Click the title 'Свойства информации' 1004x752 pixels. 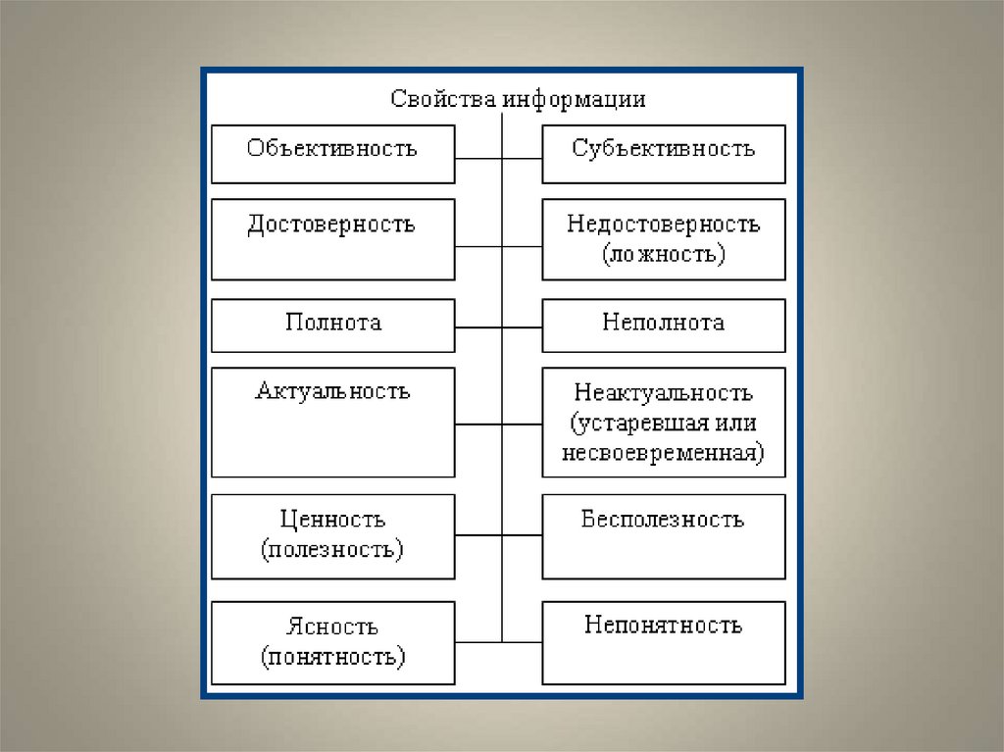[518, 99]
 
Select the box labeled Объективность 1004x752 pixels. [333, 154]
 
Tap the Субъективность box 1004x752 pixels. [664, 154]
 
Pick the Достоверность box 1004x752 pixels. [333, 239]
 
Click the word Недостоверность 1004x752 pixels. [663, 225]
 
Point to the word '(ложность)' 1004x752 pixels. [664, 255]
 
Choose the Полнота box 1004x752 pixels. [333, 326]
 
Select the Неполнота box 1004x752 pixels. [664, 326]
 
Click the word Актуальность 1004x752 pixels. [332, 392]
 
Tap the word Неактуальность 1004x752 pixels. [664, 393]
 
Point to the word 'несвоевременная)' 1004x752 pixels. [664, 454]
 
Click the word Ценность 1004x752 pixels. [332, 520]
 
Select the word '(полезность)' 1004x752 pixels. [332, 549]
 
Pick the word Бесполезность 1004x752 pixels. [663, 520]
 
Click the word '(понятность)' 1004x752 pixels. [333, 656]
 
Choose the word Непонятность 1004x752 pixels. [663, 626]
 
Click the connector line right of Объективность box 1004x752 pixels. [478, 156]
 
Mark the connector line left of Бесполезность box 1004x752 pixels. [522, 535]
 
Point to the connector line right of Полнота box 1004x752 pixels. [478, 326]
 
